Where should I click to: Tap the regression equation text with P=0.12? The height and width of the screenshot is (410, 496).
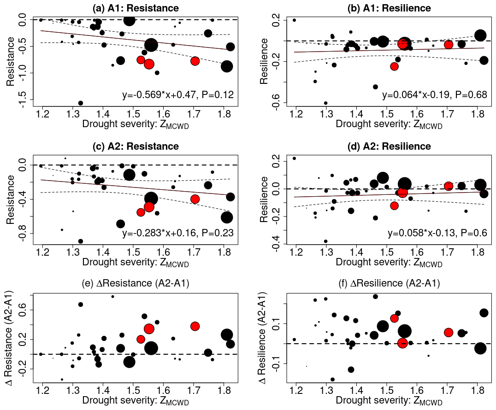click(x=178, y=95)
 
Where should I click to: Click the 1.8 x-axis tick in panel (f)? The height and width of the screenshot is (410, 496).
click(x=477, y=392)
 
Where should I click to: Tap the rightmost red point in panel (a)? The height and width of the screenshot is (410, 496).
click(x=195, y=61)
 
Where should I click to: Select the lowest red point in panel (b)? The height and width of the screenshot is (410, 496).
click(x=394, y=66)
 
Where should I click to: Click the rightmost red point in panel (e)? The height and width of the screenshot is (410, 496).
click(x=195, y=326)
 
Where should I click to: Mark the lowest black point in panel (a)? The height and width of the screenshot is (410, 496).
click(x=81, y=103)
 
